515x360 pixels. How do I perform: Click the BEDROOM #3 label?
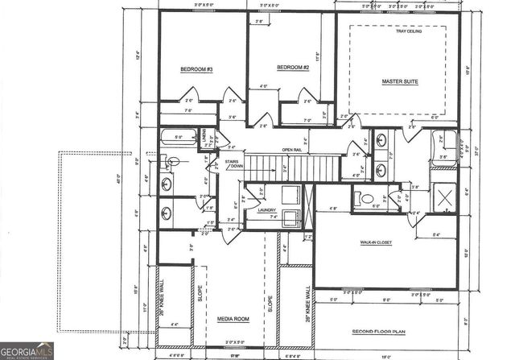pos(196,69)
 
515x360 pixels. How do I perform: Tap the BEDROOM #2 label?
pos(293,67)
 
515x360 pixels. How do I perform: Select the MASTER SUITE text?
pos(398,82)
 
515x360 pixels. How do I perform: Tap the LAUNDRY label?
pos(266,211)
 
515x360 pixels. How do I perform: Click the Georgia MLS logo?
pos(27,350)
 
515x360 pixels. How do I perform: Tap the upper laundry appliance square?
pos(290,193)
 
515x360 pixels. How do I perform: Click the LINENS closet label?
pos(204,139)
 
